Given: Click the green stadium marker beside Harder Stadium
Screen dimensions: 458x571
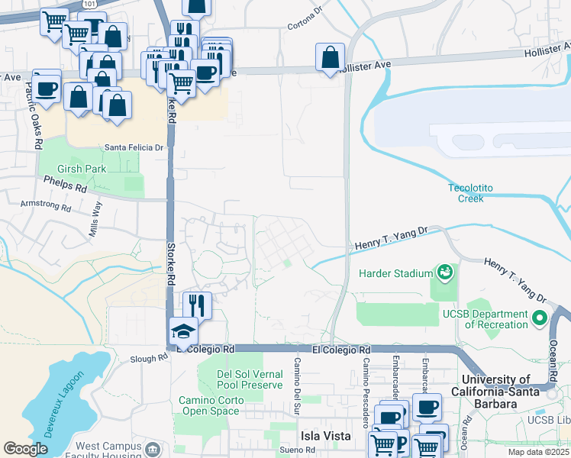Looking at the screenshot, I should tap(443, 272).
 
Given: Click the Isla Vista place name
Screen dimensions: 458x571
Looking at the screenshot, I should tap(324, 436).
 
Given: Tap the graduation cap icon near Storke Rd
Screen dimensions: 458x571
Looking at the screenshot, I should tap(183, 331).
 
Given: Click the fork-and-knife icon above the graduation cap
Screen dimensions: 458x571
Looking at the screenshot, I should tap(197, 305).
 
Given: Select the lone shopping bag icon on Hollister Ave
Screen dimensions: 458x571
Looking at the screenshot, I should tap(330, 56).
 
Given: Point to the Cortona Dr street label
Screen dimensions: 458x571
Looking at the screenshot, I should tap(305, 25).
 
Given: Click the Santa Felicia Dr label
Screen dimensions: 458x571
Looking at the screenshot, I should tap(134, 147).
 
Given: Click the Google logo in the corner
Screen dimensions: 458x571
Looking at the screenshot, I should tap(25, 449).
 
